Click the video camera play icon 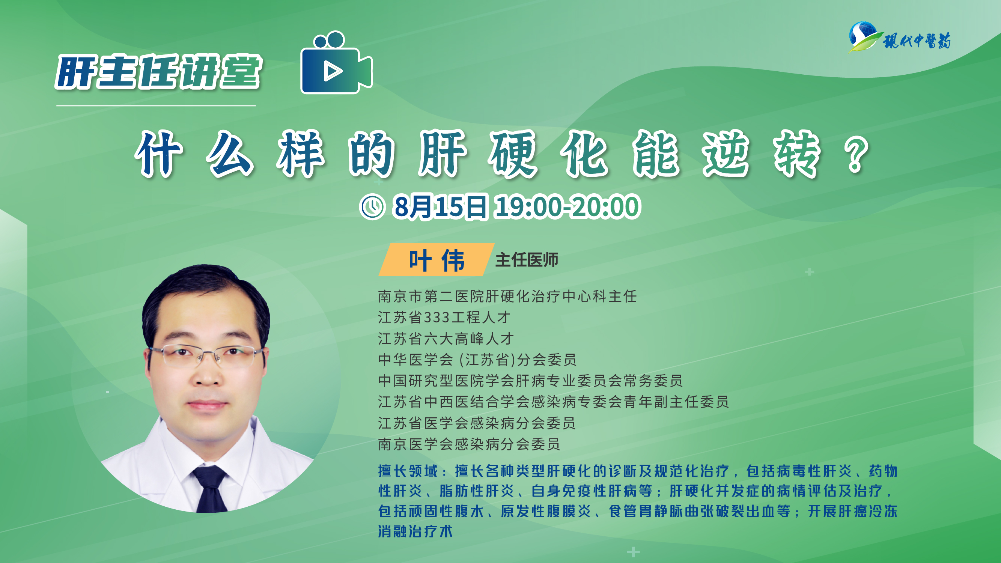pos(336,63)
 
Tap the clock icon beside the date pos(372,206)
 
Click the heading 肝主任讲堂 pos(158,72)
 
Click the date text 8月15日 pos(440,206)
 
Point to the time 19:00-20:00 pos(567,206)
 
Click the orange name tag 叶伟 pos(437,260)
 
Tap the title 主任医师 pos(527,260)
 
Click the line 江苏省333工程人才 pos(444,318)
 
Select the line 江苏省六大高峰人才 pos(446,339)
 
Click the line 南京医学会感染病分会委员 pos(469,444)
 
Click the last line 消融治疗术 pos(416,531)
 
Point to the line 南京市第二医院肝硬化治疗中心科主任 pos(507,297)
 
